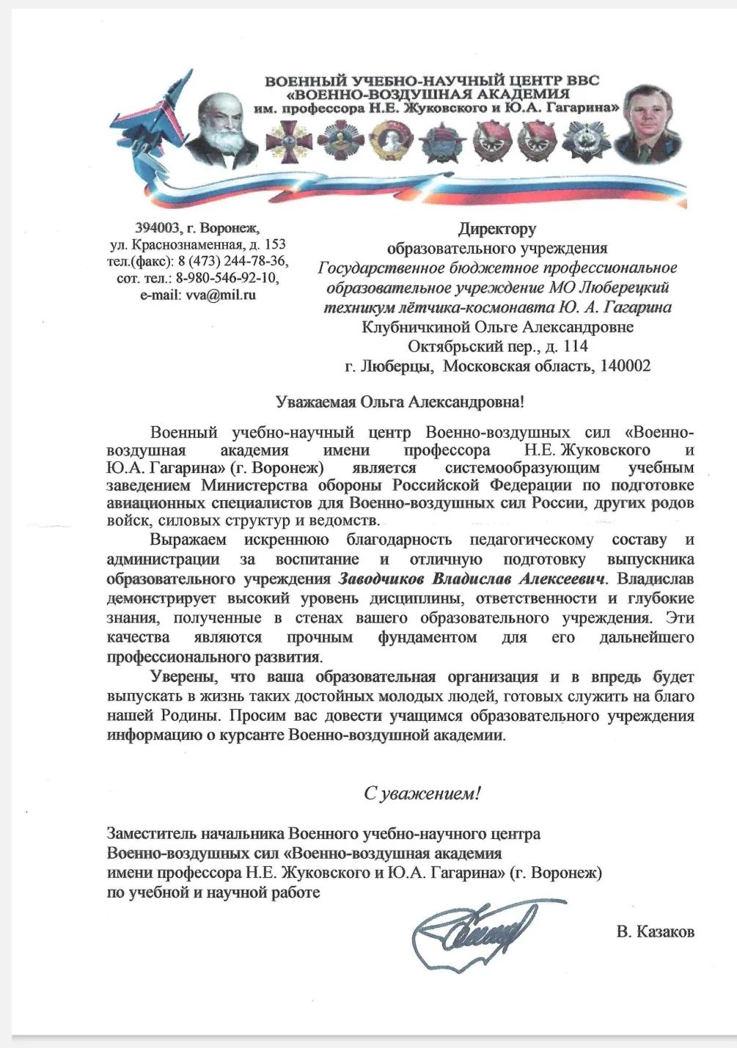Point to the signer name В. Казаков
(x=655, y=931)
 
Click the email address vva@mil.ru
(x=220, y=296)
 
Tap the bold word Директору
(x=497, y=229)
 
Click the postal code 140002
(x=625, y=366)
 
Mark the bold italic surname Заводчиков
(x=381, y=579)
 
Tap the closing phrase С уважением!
(x=422, y=793)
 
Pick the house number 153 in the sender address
(x=274, y=245)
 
